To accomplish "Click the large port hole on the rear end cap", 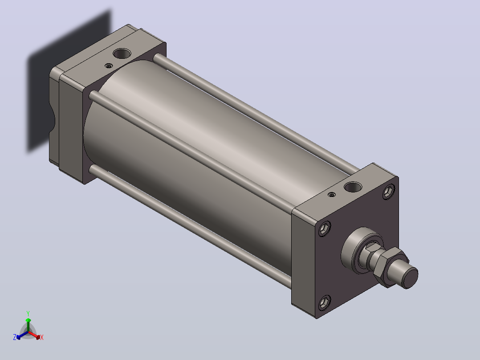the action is tap(122, 53).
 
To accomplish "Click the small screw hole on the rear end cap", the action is tap(109, 66).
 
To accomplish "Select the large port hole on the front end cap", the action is tap(353, 187).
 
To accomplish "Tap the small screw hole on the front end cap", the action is tap(332, 195).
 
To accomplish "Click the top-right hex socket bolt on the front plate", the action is tap(388, 192).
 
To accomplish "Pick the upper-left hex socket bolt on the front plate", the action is tap(324, 229).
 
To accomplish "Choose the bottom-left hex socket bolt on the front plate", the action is tap(324, 303).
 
